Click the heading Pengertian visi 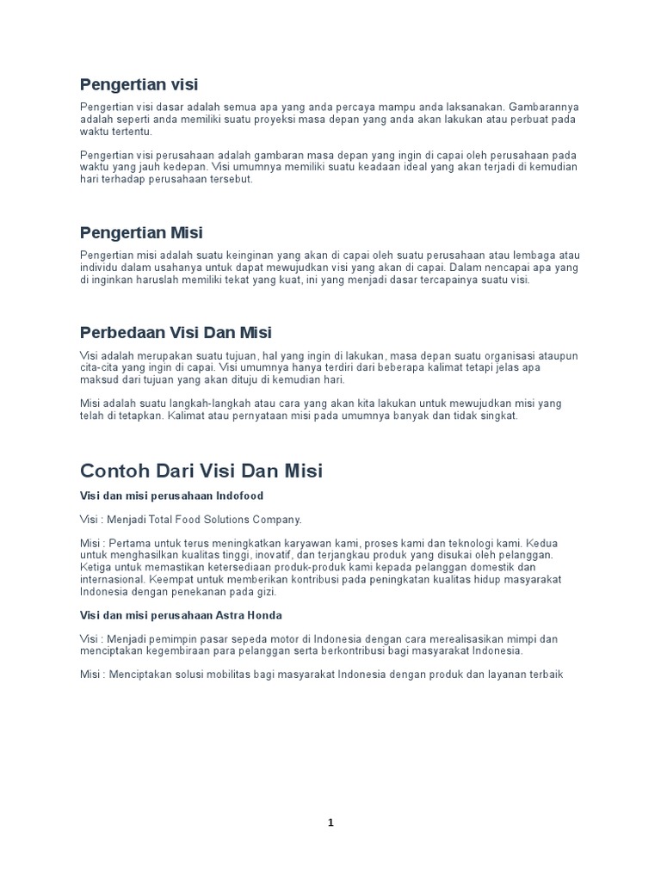tap(139, 84)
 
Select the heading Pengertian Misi tap(141, 233)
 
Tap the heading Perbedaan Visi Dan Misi tap(176, 332)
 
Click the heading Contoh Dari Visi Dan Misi tap(201, 471)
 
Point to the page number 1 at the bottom tap(330, 822)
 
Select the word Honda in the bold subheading tap(264, 615)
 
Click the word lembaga tap(535, 256)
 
